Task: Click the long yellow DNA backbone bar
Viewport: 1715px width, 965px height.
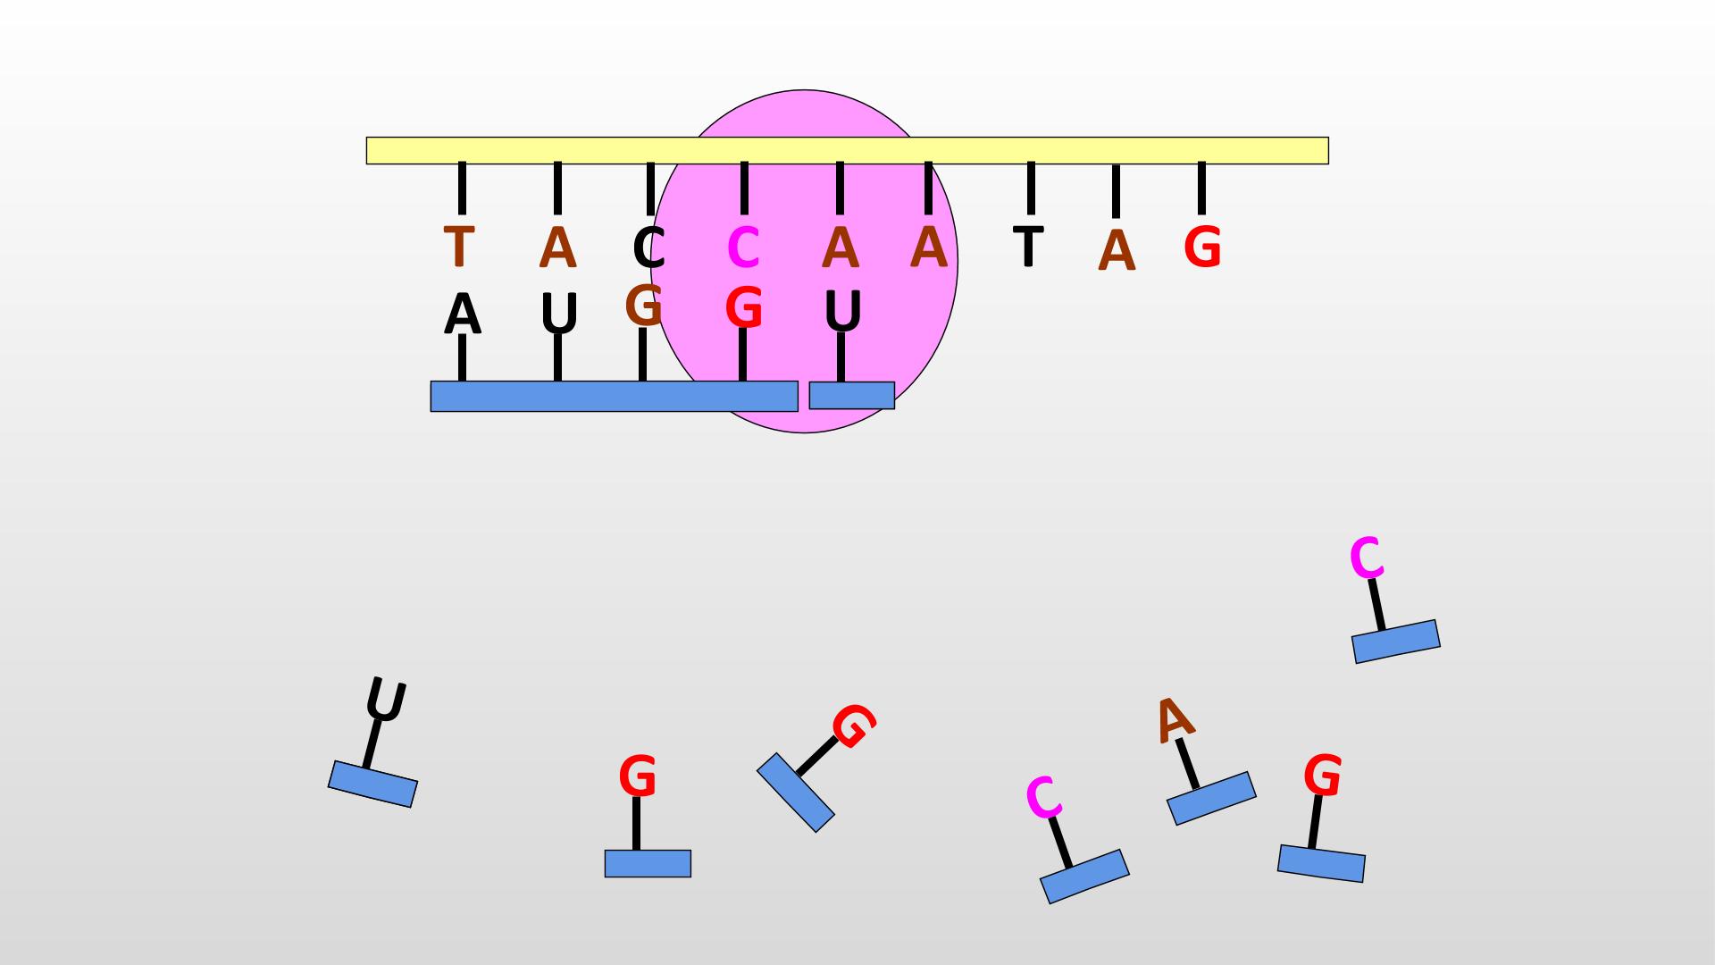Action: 847,150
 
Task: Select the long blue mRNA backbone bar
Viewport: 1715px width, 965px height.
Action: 614,396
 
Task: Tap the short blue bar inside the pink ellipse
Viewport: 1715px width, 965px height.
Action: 851,395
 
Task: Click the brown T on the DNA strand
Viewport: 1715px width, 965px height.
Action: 458,247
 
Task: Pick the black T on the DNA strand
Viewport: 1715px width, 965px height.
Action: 1029,246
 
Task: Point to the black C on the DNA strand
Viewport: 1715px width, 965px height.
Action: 649,248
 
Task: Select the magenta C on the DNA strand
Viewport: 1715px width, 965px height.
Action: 743,248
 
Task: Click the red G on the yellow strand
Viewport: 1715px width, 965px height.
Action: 1202,247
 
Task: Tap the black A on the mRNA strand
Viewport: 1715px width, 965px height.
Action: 462,315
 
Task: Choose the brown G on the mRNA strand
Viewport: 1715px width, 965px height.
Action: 643,306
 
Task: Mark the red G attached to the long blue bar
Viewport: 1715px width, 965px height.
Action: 743,308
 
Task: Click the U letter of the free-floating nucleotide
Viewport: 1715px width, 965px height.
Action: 386,701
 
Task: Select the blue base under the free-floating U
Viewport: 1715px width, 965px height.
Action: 372,784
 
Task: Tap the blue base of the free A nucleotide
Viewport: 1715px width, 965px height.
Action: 1211,798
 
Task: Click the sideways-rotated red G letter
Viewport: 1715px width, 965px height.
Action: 854,726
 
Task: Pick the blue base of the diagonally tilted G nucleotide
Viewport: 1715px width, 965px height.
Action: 796,792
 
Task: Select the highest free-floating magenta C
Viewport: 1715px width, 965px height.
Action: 1367,558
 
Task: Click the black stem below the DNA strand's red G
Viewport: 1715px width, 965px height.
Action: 1201,189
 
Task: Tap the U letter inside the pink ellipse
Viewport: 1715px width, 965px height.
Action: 842,311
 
